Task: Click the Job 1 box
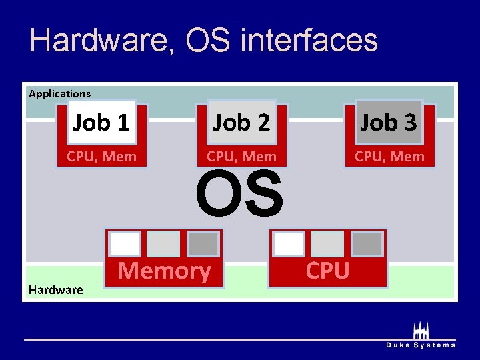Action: point(101,123)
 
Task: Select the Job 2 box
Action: point(241,123)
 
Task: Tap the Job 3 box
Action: point(389,123)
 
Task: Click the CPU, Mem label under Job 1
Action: point(101,157)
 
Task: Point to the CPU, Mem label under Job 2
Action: point(241,157)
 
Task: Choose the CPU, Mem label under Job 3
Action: point(389,157)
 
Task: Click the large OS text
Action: point(239,194)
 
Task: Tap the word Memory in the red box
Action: point(164,271)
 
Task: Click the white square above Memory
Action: point(125,244)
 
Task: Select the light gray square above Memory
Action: point(163,244)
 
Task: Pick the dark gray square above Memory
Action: point(203,244)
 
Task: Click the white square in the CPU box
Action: point(289,244)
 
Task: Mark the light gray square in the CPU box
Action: point(327,244)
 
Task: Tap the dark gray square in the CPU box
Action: point(367,244)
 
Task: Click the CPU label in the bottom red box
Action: point(327,271)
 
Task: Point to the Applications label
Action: point(59,94)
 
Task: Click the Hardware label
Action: point(55,289)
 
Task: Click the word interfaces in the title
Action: point(309,40)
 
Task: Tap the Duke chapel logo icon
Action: point(421,330)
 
